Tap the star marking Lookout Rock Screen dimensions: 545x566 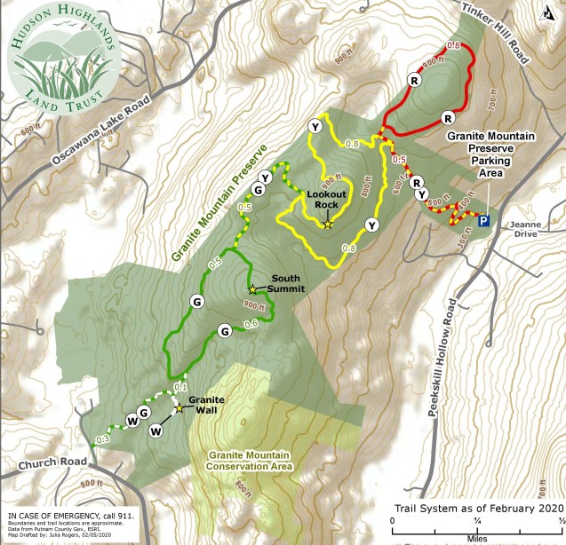click(x=328, y=225)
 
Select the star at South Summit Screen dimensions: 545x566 click(x=252, y=289)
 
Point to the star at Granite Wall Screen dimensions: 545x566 click(x=179, y=408)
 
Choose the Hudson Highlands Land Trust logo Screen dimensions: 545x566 click(x=59, y=59)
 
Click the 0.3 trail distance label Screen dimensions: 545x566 click(x=102, y=438)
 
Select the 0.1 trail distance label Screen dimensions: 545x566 click(x=180, y=387)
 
